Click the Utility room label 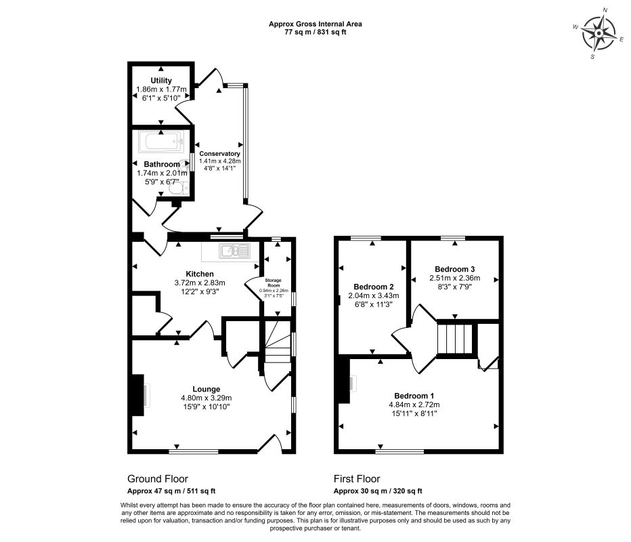[x=161, y=80]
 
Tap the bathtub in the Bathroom [x=161, y=142]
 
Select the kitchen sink [x=235, y=251]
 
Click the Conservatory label [x=220, y=153]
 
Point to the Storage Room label [x=274, y=283]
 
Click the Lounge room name [x=206, y=389]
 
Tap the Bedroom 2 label [x=374, y=287]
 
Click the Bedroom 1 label [x=414, y=396]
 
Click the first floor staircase [x=455, y=338]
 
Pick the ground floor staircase [x=278, y=340]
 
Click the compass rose [x=599, y=33]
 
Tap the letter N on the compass [x=605, y=9]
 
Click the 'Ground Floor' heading [x=158, y=479]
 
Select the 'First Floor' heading [x=357, y=479]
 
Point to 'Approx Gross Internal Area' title [x=315, y=24]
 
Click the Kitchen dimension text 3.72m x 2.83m [x=200, y=283]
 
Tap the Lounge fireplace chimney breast [x=137, y=395]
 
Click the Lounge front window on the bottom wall [x=194, y=451]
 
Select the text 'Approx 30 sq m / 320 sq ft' [x=378, y=491]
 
